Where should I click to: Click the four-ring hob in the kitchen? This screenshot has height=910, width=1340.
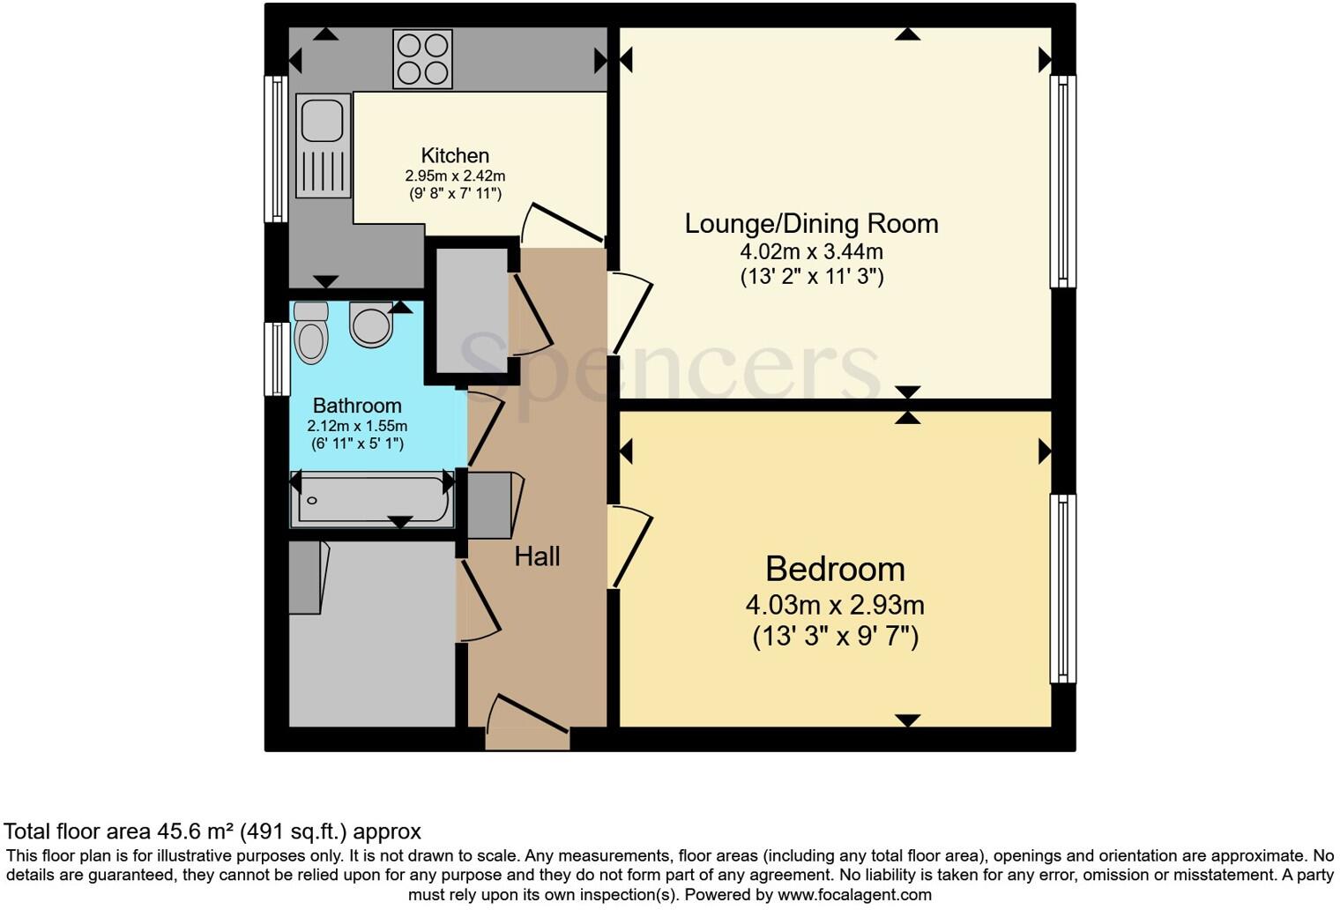pyautogui.click(x=422, y=59)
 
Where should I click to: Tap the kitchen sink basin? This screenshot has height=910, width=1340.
pyautogui.click(x=321, y=120)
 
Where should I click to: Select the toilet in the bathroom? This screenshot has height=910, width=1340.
pyautogui.click(x=310, y=332)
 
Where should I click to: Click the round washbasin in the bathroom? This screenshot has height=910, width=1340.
pyautogui.click(x=371, y=324)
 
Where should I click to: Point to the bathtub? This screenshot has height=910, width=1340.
pyautogui.click(x=371, y=500)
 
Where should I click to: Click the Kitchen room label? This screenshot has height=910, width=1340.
pyautogui.click(x=455, y=156)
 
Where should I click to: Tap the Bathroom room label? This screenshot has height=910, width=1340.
pyautogui.click(x=357, y=406)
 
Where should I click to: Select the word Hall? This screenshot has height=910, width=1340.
pyautogui.click(x=537, y=556)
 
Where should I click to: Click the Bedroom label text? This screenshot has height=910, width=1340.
pyautogui.click(x=835, y=569)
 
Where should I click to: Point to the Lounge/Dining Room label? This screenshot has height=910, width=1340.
pyautogui.click(x=811, y=223)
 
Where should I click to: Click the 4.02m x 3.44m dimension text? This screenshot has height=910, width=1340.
pyautogui.click(x=811, y=251)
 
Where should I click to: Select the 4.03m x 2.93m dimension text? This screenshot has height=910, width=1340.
pyautogui.click(x=835, y=606)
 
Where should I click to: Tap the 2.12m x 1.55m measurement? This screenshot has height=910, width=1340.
pyautogui.click(x=357, y=426)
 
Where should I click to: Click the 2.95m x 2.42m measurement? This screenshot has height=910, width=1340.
pyautogui.click(x=455, y=175)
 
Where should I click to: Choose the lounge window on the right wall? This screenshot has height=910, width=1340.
pyautogui.click(x=1062, y=181)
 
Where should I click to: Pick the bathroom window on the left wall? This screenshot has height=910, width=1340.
pyautogui.click(x=277, y=359)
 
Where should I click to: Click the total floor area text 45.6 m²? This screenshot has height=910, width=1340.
pyautogui.click(x=212, y=832)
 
